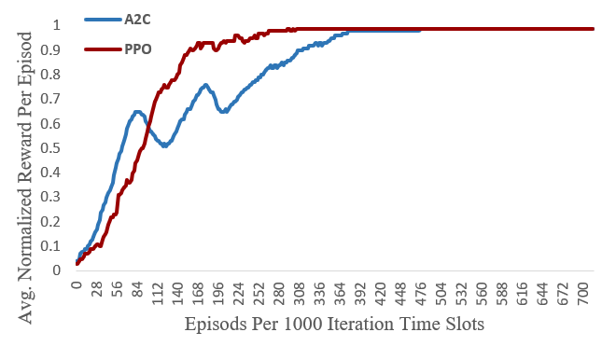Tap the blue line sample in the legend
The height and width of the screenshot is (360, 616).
[101, 20]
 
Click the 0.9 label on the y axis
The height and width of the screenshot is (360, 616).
[58, 49]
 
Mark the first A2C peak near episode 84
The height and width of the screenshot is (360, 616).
[137, 112]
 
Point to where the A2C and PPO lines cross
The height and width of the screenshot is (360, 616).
[149, 124]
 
